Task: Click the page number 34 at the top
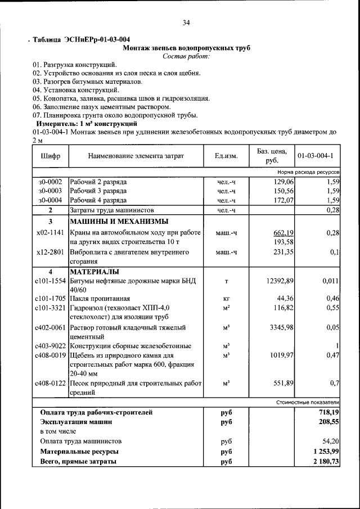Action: (x=186, y=22)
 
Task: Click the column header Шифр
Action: (x=50, y=155)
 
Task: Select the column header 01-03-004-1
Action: (x=315, y=155)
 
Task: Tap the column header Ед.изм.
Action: (x=226, y=155)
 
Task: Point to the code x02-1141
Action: (x=50, y=232)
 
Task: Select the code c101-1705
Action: (x=50, y=299)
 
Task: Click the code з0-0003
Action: (x=50, y=191)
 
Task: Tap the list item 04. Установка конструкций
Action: (x=75, y=89)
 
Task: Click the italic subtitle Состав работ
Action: (x=186, y=56)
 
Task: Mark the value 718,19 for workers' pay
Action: (x=326, y=412)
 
